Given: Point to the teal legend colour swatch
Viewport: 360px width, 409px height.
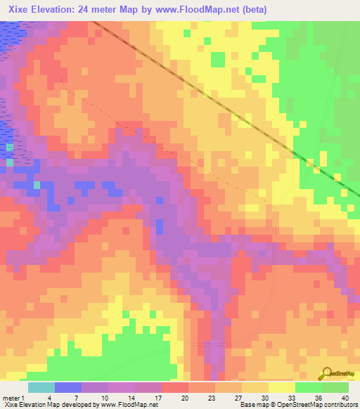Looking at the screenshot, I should point(41,387).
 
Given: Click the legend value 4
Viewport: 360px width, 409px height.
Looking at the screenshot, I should point(49,398).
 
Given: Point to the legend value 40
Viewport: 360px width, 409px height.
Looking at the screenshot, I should point(344,398).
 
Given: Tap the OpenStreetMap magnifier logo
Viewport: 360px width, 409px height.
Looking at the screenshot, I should point(325,374).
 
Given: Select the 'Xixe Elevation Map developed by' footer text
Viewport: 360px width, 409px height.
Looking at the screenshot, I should point(49,405).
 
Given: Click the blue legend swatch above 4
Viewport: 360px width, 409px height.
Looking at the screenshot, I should point(67,387).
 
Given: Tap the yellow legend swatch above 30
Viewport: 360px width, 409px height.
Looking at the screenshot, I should point(255,387).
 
